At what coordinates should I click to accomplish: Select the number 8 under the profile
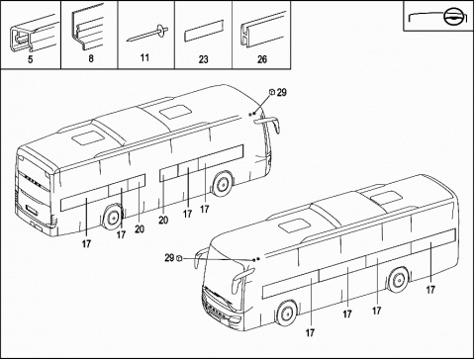tap(90, 59)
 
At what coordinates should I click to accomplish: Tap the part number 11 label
tap(146, 59)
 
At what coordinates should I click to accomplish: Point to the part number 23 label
tap(204, 59)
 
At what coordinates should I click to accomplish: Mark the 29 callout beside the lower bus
tap(169, 258)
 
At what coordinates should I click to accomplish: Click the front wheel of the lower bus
tap(286, 315)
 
